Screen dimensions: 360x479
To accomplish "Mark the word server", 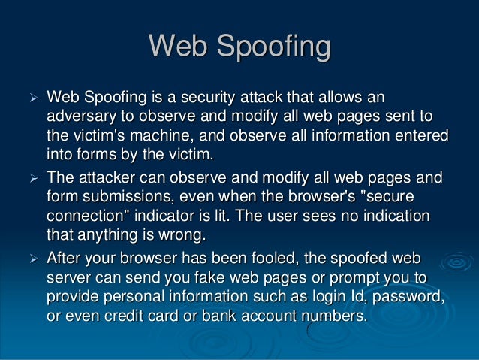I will click(69, 277).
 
